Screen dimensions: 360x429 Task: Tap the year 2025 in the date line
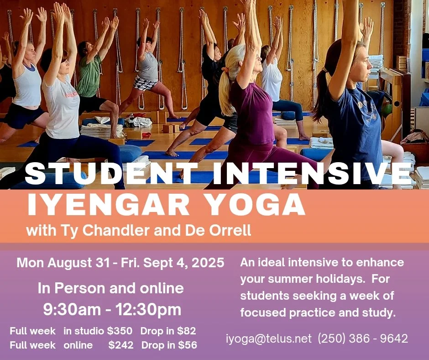coord(208,263)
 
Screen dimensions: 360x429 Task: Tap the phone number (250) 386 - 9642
coord(362,339)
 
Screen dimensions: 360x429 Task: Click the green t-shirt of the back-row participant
coord(89,75)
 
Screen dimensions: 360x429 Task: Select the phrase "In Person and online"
coord(110,288)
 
